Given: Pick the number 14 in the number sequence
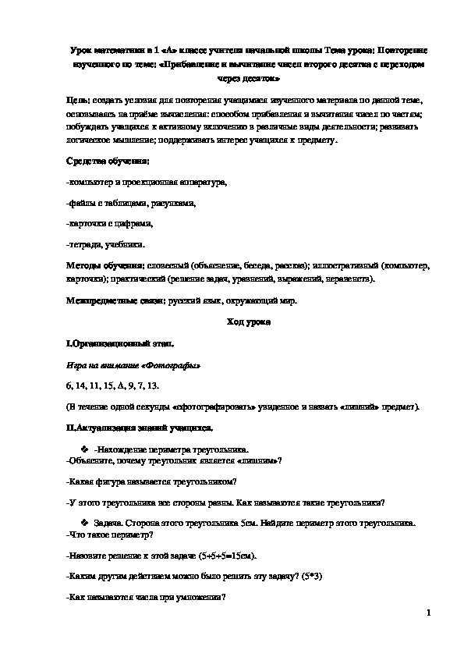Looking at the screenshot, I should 85,385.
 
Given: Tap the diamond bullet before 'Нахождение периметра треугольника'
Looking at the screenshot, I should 85,449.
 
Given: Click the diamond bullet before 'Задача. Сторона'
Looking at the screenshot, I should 85,522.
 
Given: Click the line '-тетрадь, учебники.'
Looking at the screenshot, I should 106,245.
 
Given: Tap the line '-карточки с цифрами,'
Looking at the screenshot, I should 110,224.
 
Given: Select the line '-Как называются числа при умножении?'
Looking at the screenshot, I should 147,597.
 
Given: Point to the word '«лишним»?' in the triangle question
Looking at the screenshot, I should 259,460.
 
